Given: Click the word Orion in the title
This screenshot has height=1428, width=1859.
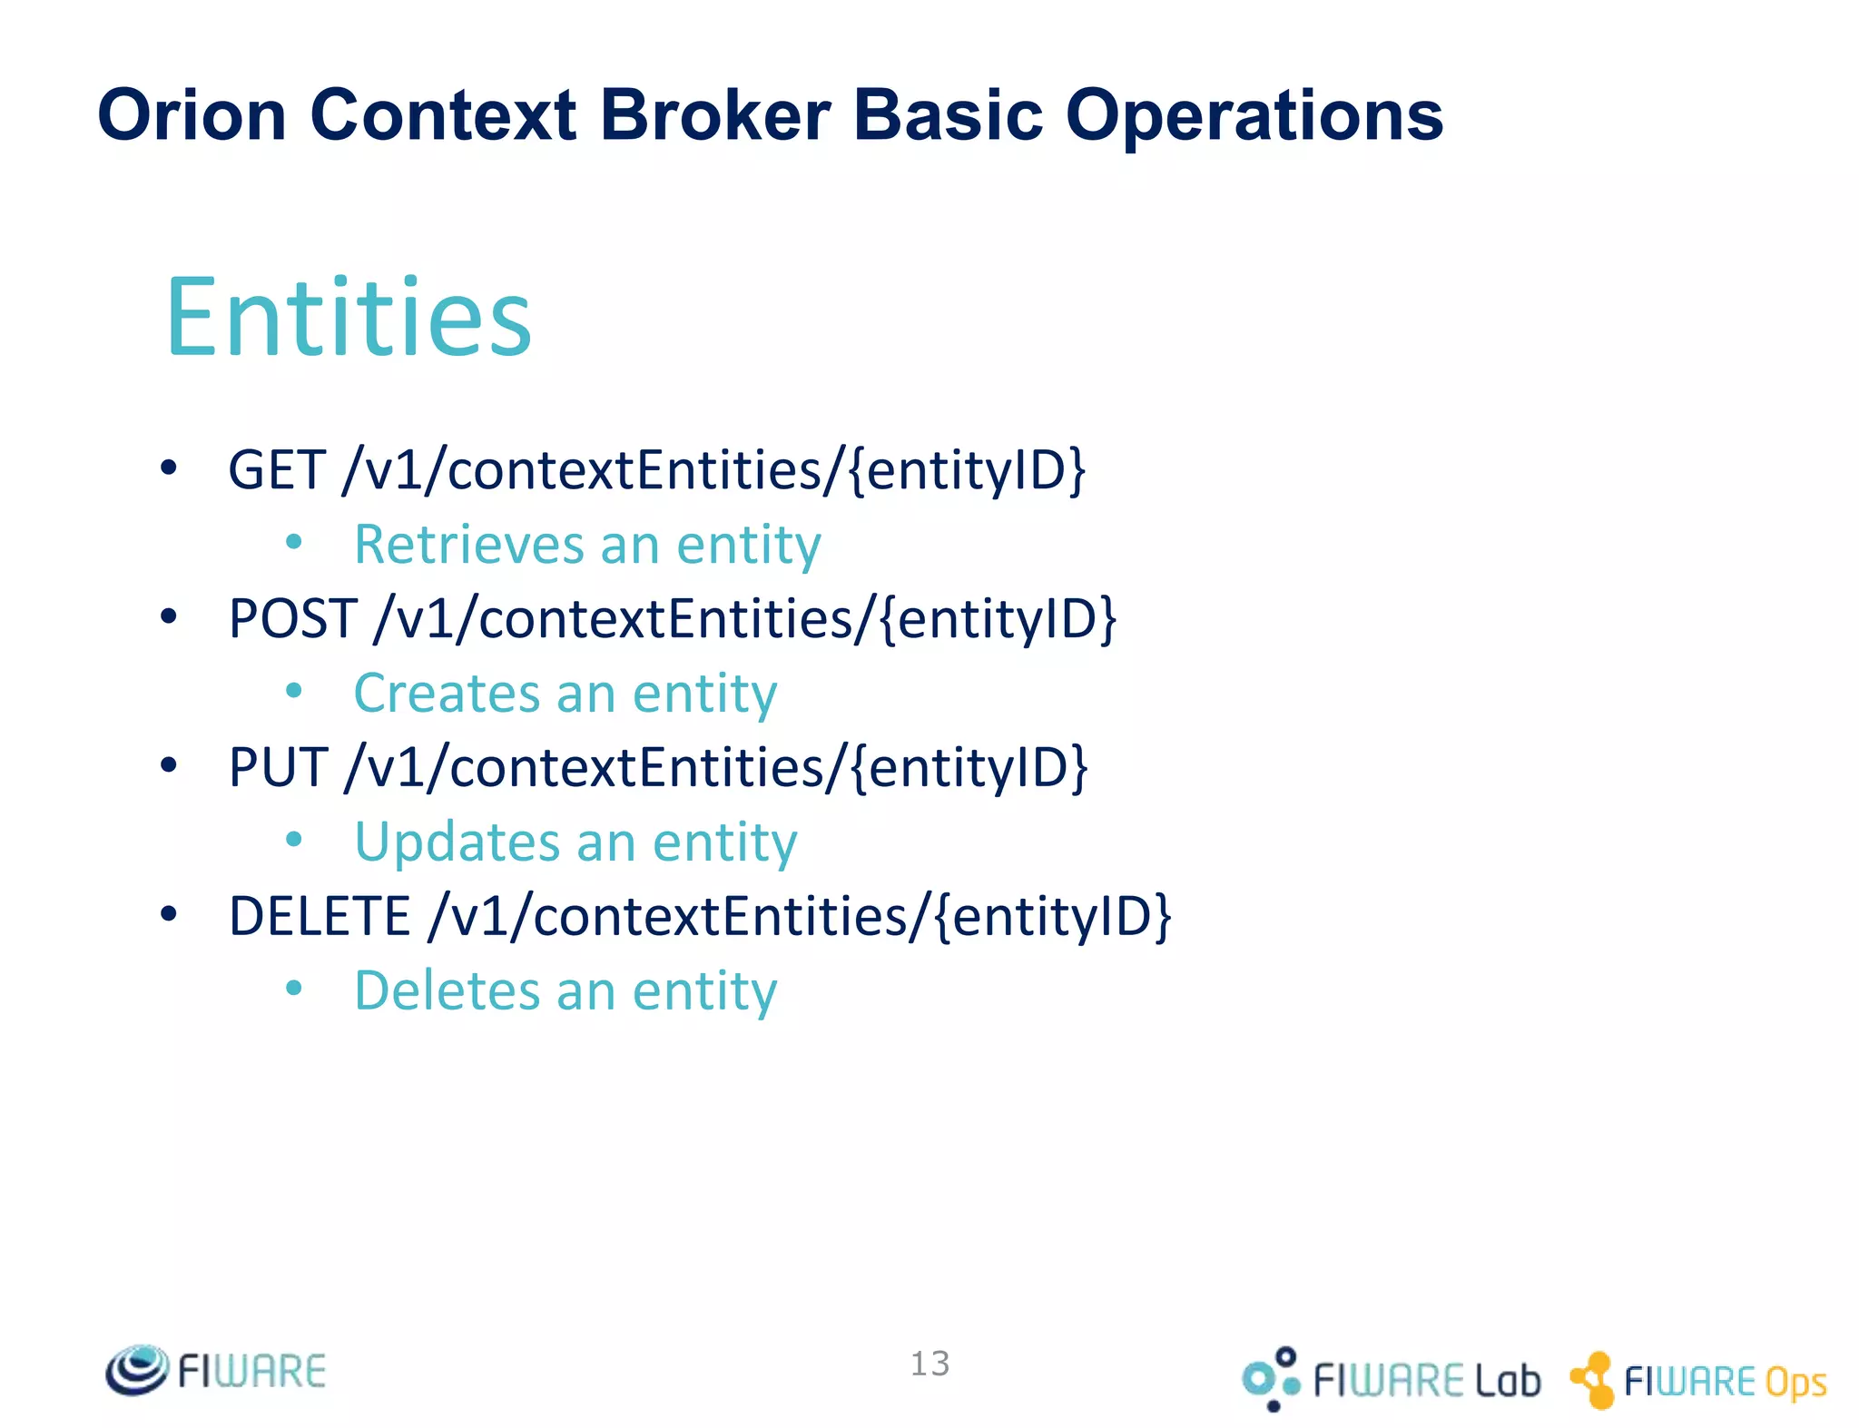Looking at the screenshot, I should point(192,115).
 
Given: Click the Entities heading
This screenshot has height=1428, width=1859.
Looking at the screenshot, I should point(349,317).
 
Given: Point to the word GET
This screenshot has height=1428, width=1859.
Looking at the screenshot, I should point(277,470).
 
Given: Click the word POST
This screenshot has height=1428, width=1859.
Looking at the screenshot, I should point(292,619).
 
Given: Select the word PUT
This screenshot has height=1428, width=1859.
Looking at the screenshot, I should point(278,768).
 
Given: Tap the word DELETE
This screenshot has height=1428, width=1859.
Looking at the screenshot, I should point(320,916).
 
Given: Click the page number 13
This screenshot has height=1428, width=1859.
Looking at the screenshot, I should point(929,1364).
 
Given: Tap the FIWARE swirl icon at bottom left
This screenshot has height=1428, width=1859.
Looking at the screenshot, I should point(137,1370).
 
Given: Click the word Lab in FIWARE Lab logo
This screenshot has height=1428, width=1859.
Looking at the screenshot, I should point(1507,1381).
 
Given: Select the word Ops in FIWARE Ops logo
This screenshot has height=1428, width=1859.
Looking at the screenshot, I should point(1795,1383).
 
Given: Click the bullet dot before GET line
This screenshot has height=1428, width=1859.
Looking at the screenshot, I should point(168,468).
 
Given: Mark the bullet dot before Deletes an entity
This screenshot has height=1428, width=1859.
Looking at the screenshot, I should point(293,988).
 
